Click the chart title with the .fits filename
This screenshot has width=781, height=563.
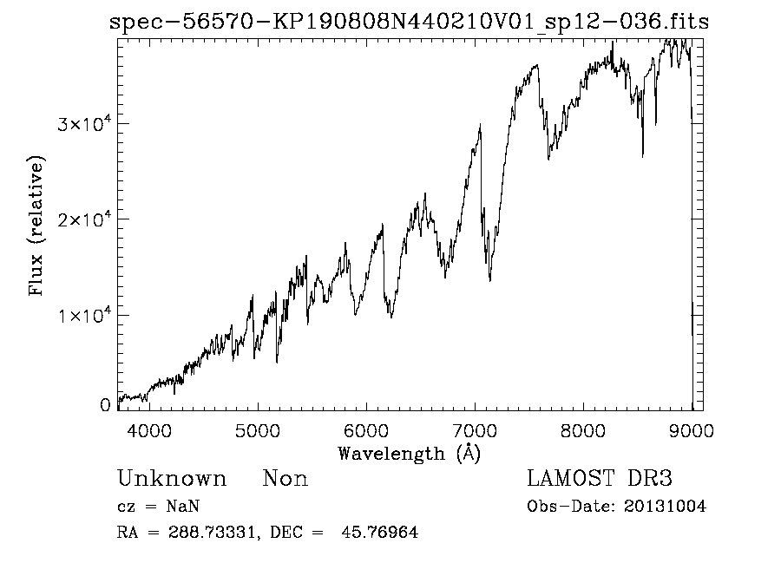[409, 22]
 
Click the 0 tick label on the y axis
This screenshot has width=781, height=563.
[106, 405]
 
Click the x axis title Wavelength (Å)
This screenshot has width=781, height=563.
[409, 453]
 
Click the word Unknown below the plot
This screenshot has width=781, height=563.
[172, 479]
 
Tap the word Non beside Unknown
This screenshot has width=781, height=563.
[285, 479]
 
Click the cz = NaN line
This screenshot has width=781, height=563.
[161, 507]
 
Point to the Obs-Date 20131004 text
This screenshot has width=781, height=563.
[616, 507]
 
